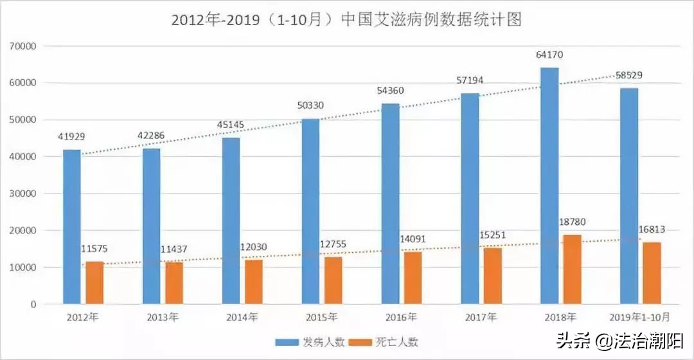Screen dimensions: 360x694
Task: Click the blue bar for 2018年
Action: [x=549, y=186]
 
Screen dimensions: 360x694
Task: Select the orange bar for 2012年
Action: [x=94, y=283]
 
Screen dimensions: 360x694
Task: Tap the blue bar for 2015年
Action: [x=310, y=212]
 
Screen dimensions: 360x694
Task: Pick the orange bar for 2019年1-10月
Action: [x=652, y=273]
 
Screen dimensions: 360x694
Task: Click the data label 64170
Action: [x=549, y=55]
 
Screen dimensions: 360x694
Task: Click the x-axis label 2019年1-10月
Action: [x=639, y=317]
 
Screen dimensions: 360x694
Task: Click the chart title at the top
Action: [x=346, y=19]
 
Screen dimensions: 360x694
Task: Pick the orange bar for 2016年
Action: [x=413, y=278]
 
